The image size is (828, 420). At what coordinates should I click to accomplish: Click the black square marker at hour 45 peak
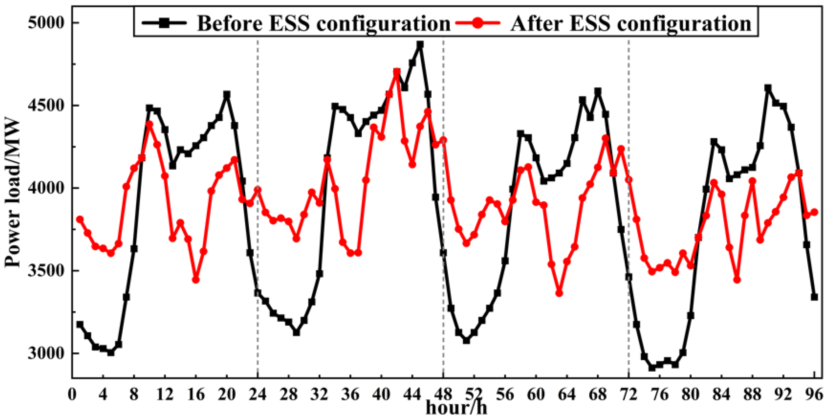tap(420, 45)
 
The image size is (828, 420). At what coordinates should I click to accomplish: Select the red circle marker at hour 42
tap(397, 72)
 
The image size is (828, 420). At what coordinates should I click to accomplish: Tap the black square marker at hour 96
tap(814, 297)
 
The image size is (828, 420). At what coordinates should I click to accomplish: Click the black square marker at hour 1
tap(80, 324)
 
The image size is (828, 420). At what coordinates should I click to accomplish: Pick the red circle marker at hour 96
tap(814, 212)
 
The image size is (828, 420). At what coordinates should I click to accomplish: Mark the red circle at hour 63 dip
tap(559, 293)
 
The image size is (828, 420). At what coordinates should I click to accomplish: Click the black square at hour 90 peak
tap(768, 88)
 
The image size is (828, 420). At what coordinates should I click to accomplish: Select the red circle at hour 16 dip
tap(196, 280)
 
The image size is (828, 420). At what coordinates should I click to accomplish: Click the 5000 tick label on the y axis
tap(46, 23)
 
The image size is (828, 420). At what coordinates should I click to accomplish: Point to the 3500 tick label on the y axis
tap(46, 271)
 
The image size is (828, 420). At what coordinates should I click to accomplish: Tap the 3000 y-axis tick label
tap(46, 353)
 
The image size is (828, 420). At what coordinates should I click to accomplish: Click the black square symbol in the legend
tap(164, 23)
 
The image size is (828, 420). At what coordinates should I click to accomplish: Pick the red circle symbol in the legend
tap(477, 23)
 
